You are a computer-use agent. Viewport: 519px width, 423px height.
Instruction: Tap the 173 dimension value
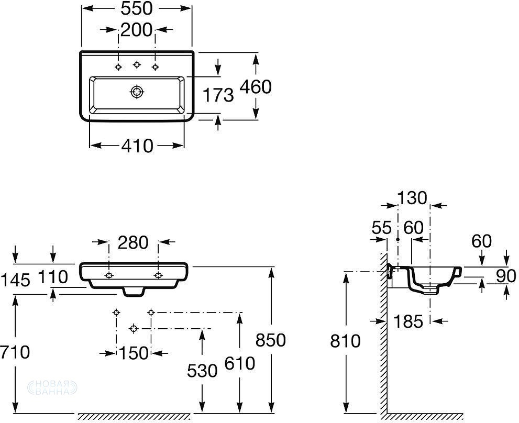[218, 95]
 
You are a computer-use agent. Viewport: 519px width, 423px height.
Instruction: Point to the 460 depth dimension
[256, 86]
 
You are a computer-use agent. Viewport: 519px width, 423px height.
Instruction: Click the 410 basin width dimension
[137, 146]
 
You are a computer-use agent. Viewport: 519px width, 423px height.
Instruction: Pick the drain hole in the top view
[137, 92]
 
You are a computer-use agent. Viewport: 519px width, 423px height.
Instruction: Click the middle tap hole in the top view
[137, 64]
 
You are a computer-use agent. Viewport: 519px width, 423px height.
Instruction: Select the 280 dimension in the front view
[133, 242]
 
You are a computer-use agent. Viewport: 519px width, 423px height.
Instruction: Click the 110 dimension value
[52, 277]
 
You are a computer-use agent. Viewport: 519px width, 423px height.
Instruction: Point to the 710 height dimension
[15, 353]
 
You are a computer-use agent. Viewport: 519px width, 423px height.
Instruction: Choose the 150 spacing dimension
[133, 353]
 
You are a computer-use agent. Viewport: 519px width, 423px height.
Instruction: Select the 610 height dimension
[240, 362]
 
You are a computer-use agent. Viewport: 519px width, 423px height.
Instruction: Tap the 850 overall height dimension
[270, 340]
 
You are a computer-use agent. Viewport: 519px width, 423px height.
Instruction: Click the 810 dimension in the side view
[346, 341]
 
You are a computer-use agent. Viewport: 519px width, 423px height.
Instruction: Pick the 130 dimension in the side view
[412, 197]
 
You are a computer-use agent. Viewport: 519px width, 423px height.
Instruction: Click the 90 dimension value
[506, 276]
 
